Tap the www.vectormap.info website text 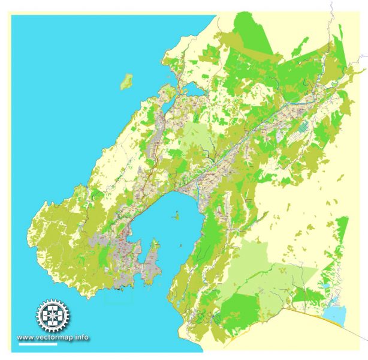pyautogui.click(x=53, y=337)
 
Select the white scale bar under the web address pyautogui.click(x=37, y=344)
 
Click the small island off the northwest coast pyautogui.click(x=126, y=82)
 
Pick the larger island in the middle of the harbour pyautogui.click(x=176, y=215)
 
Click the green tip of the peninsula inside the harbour pyautogui.click(x=155, y=244)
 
